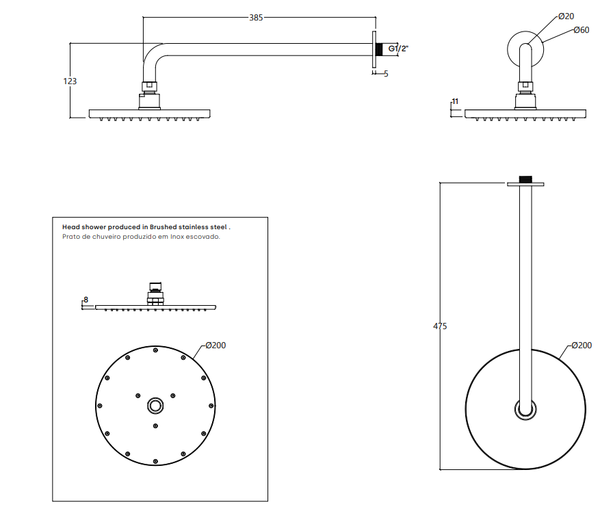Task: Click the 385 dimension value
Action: [x=256, y=17]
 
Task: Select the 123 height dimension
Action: [x=70, y=81]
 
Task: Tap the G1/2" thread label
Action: [x=398, y=49]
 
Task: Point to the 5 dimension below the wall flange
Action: [x=386, y=73]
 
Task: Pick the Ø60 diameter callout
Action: [x=582, y=30]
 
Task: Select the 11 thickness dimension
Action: [x=456, y=102]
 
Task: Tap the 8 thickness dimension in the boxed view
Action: [x=86, y=300]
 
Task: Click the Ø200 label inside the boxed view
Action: [x=216, y=345]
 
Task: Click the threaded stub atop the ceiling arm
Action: [x=525, y=179]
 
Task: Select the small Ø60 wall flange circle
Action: [x=525, y=45]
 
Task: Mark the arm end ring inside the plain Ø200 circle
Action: [x=525, y=409]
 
